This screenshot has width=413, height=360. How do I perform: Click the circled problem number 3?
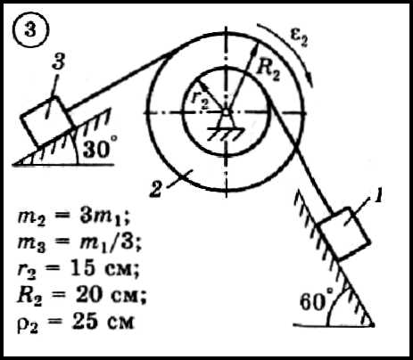[x=30, y=31]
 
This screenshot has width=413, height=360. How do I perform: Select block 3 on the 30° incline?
[x=47, y=121]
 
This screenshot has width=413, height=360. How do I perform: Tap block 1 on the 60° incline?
[x=343, y=234]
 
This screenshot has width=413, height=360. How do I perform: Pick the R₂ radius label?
[x=268, y=71]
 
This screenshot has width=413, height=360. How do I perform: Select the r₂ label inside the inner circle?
[x=200, y=100]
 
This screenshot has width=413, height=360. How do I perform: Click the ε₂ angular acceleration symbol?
[x=299, y=38]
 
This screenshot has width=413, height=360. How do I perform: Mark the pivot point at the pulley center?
[x=227, y=112]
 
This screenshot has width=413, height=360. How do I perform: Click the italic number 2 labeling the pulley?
[x=155, y=189]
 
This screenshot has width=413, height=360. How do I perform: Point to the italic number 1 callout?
[x=377, y=196]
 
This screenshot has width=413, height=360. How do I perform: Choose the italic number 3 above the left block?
[x=58, y=61]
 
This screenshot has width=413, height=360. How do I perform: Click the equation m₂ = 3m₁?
[x=74, y=217]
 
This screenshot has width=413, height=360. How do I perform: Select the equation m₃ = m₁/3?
[x=78, y=243]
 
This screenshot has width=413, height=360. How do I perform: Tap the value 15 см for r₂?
[x=105, y=269]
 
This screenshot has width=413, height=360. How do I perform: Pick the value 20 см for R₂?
[x=111, y=296]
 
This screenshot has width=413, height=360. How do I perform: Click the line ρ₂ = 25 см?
[x=76, y=322]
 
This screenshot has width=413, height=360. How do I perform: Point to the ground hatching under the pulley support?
[x=227, y=134]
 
